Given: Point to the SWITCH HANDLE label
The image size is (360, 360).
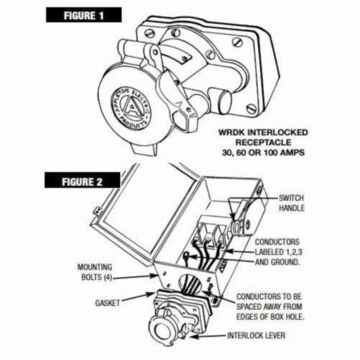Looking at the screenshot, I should point(291,203).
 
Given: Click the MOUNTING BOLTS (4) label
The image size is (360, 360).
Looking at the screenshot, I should point(95,273).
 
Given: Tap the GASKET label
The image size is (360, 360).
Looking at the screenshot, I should point(107,303).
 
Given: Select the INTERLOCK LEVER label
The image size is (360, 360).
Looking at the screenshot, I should point(256,336).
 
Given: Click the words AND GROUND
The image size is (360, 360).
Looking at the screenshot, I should point(277,262).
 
